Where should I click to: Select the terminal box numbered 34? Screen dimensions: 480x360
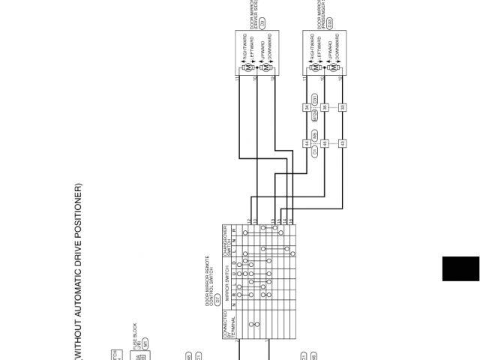[307, 107]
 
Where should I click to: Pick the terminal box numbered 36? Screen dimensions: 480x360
[325, 107]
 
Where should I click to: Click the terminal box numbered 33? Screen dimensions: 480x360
[342, 107]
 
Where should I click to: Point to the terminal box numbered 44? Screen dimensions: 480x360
[307, 143]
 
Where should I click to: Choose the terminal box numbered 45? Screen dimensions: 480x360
[325, 143]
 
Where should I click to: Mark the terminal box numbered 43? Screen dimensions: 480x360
[342, 143]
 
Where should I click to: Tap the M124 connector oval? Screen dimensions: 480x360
[315, 115]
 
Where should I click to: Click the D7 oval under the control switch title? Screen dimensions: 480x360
[217, 277]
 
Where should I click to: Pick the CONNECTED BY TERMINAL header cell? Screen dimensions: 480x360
[227, 325]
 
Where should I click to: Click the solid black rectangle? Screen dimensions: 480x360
[460, 268]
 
